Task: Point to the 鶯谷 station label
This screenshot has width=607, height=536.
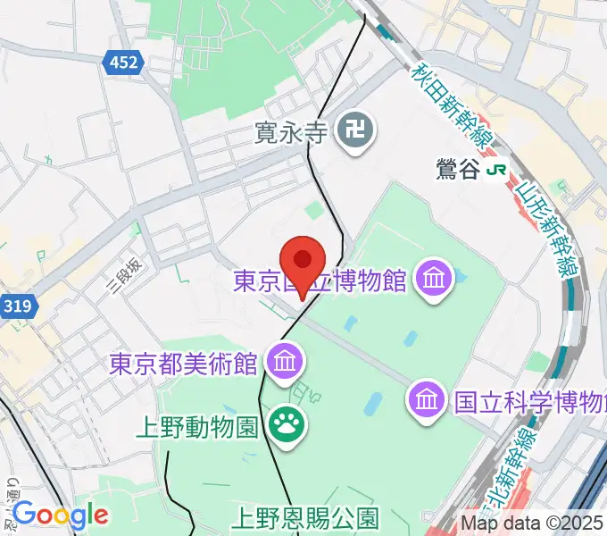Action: (459, 170)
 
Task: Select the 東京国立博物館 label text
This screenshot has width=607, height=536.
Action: (320, 281)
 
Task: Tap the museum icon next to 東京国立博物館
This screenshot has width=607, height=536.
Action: (436, 279)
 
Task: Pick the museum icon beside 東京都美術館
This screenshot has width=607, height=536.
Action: (286, 362)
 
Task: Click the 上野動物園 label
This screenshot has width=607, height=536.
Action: (198, 427)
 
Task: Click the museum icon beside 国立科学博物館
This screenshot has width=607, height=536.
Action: (427, 398)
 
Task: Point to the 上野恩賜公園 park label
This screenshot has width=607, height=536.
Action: (306, 517)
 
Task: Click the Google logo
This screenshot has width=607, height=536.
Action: (61, 514)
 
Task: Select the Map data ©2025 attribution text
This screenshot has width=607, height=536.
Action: (533, 523)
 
